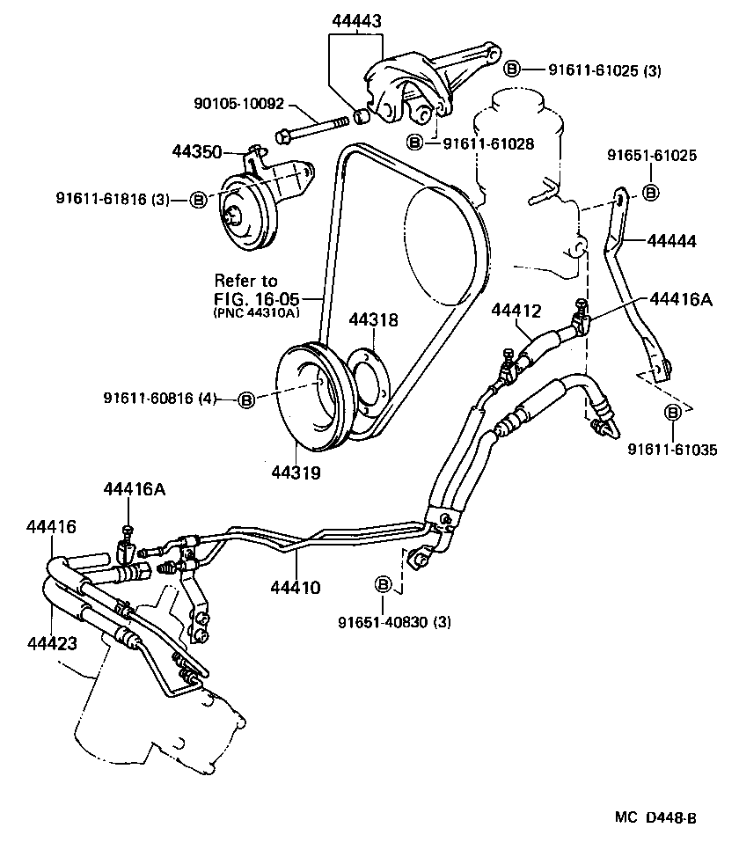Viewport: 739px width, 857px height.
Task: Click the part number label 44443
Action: coord(357,21)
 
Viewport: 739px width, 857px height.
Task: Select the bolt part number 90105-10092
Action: coord(238,104)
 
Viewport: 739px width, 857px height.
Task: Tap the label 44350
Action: coord(195,151)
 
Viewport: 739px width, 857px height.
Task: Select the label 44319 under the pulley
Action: coord(296,472)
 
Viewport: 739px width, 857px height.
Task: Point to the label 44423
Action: coord(52,643)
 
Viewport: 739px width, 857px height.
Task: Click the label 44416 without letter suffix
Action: coord(52,527)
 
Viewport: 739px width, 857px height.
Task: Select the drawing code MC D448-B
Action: coord(655,817)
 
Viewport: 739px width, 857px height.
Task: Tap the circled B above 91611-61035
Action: coord(673,413)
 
